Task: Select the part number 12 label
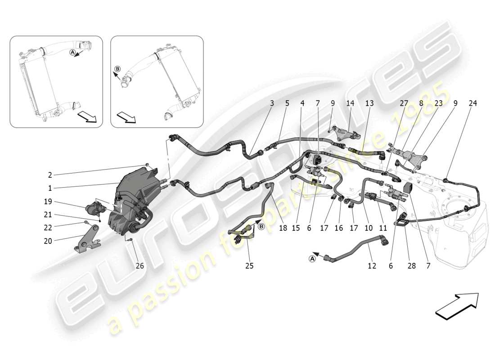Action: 371,266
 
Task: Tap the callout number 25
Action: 249,266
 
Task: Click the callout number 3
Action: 272,103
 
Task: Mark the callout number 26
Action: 140,266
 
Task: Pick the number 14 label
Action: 350,103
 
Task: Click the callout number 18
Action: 283,228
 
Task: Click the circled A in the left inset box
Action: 72,53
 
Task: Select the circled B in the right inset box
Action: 117,69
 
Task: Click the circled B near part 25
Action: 261,226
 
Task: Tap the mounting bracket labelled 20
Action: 85,243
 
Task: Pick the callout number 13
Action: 369,103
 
